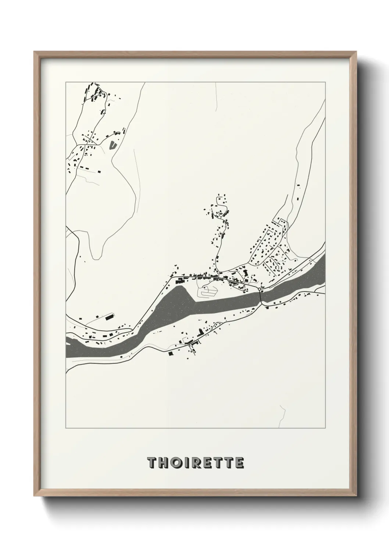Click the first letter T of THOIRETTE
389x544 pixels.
(151, 463)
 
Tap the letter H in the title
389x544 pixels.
(163, 463)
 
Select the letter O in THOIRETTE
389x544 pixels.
(176, 463)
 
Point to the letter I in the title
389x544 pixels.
(186, 463)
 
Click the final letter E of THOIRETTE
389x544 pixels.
(239, 463)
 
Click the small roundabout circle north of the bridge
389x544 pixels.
(260, 290)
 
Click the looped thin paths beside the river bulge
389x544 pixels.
(207, 291)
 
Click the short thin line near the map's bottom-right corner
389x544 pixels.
(283, 415)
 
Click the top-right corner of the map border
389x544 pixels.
(325, 82)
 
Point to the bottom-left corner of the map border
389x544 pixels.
(66, 428)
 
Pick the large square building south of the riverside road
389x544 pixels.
(170, 354)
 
